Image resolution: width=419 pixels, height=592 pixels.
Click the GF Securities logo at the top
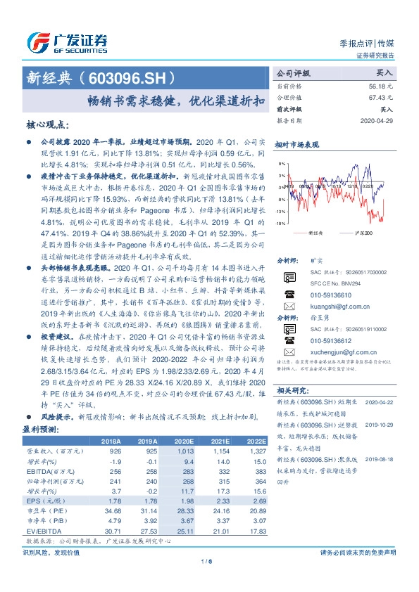point(68,40)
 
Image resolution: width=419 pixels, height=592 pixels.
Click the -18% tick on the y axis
point(280,223)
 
